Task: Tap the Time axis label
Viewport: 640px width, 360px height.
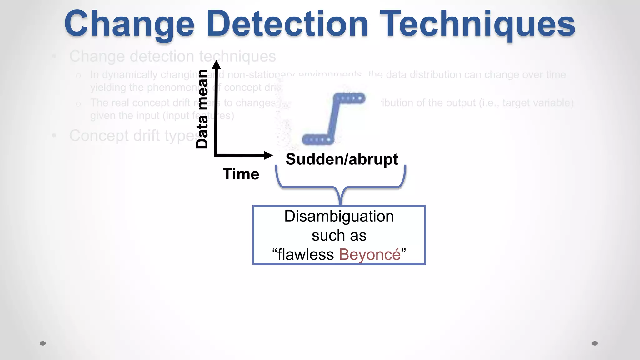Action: tap(241, 174)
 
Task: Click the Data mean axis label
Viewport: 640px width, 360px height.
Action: tap(202, 109)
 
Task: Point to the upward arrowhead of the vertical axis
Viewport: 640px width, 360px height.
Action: tap(216, 64)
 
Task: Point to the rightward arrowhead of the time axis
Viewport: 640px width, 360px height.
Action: tap(268, 155)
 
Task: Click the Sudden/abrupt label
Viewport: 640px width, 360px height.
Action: tap(342, 159)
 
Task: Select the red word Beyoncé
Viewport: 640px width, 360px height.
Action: tap(370, 254)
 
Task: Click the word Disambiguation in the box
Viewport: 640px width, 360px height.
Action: tap(339, 216)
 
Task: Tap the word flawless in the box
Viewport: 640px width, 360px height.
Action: tap(306, 254)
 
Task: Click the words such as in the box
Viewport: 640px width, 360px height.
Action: tap(339, 235)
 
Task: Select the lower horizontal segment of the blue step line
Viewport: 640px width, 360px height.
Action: tap(317, 139)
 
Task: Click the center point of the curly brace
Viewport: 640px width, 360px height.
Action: tap(341, 197)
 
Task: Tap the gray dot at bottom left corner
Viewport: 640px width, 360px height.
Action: tap(43, 343)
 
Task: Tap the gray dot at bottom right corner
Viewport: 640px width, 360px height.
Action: tap(595, 343)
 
